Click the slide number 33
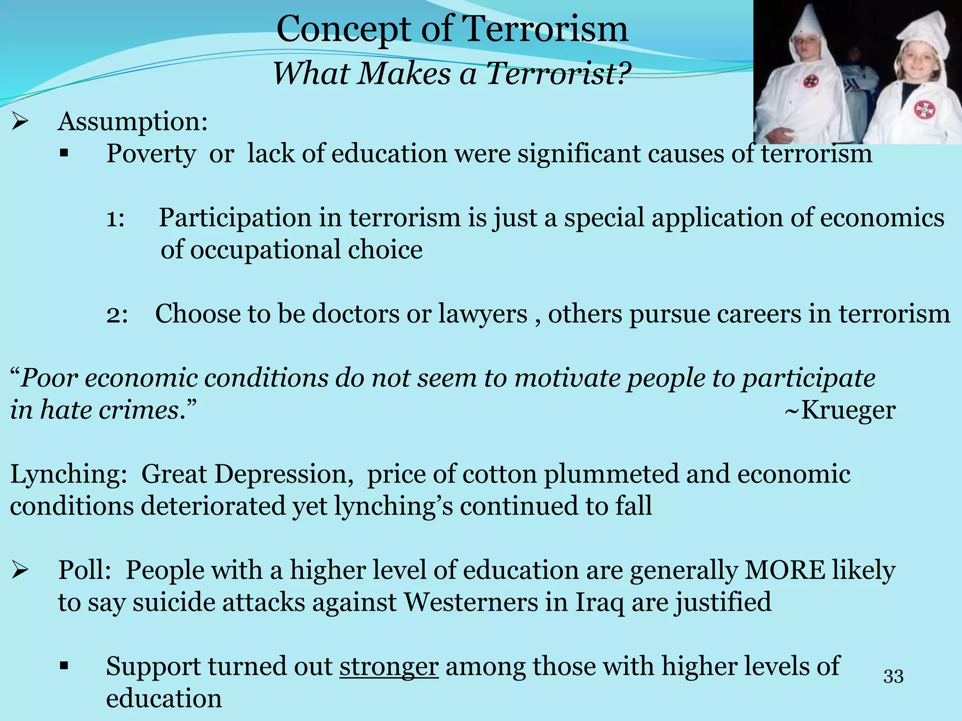[893, 676]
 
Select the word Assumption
[132, 122]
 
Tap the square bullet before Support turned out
[65, 666]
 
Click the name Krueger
[848, 410]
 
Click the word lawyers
[482, 314]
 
